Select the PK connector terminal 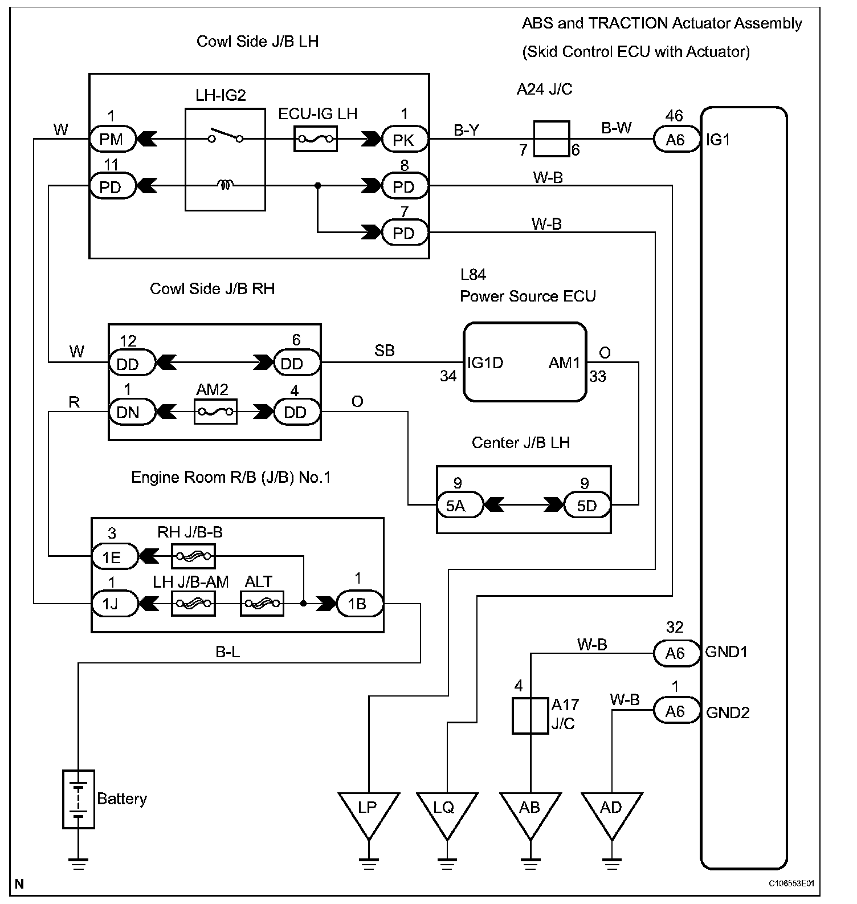pos(405,140)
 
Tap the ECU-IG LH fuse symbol pos(315,139)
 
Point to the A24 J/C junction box pos(551,139)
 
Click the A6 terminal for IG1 pos(676,140)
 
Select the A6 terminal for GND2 pos(676,711)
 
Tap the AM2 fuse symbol pos(215,412)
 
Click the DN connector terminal pos(132,412)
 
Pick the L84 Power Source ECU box pos(525,363)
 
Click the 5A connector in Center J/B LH pos(460,505)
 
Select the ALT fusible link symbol pos(262,604)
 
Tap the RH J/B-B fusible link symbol pos(193,556)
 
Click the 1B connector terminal pos(360,604)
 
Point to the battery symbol pos(79,799)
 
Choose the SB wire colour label pos(385,351)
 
